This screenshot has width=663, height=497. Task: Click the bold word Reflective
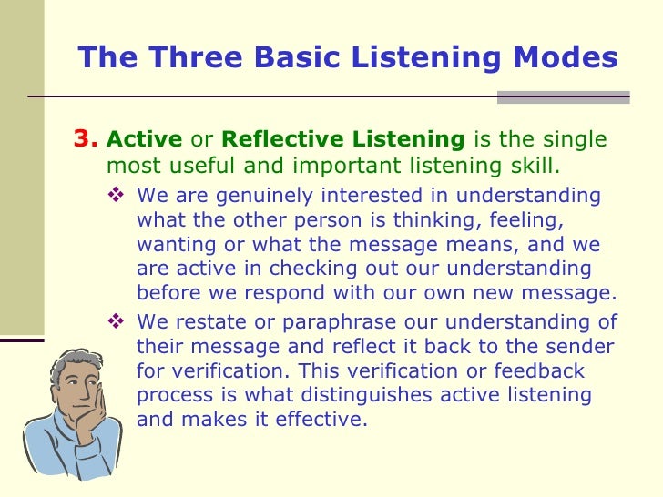click(x=271, y=140)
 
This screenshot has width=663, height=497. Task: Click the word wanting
click(x=171, y=245)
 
